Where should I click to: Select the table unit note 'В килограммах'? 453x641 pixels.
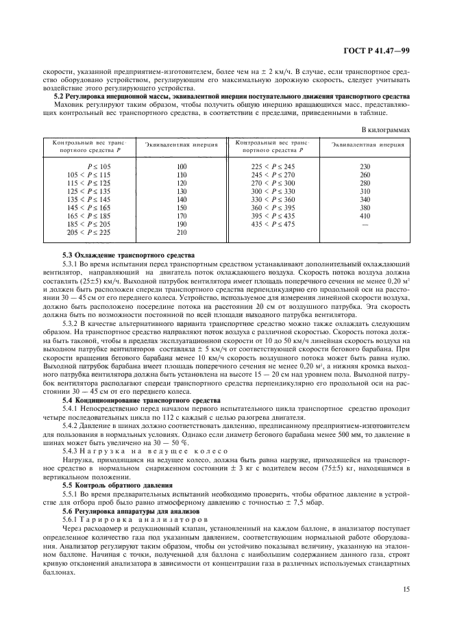(x=385, y=129)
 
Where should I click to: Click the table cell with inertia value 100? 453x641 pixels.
(x=182, y=166)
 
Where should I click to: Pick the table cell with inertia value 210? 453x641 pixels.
(x=182, y=232)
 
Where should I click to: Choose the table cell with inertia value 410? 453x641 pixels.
(x=365, y=216)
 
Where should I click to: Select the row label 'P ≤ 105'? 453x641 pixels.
(x=99, y=166)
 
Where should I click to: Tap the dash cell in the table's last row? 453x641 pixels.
(x=365, y=224)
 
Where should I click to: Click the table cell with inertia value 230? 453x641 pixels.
(x=365, y=166)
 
